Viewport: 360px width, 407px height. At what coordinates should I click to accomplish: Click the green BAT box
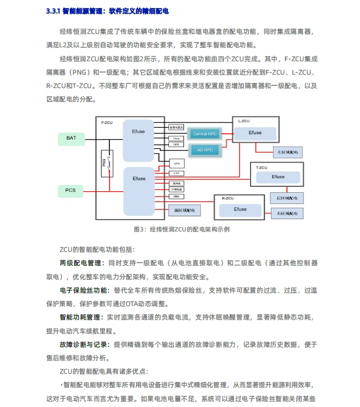coord(71,138)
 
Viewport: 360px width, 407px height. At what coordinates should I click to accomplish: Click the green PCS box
coord(71,190)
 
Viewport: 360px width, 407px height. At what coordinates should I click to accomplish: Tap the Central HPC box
coord(205,133)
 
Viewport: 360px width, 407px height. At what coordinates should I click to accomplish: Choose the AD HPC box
coord(205,150)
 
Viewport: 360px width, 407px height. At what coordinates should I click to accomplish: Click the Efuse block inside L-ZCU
coord(255,133)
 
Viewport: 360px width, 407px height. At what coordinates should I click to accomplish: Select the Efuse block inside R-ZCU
coord(240,209)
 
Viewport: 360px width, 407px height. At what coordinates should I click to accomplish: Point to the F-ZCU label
coord(107,123)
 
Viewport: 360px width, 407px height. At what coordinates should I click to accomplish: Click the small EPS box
coord(176,162)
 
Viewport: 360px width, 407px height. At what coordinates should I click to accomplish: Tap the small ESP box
coord(176,173)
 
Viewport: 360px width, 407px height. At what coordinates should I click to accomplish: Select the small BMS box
coord(176,197)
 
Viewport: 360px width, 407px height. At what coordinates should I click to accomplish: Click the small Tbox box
coord(176,138)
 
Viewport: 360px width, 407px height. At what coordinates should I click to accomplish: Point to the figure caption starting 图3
coord(181,229)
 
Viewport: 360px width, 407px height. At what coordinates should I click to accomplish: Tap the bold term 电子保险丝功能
coord(84,290)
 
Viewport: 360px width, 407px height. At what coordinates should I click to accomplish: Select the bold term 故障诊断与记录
coord(84,344)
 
